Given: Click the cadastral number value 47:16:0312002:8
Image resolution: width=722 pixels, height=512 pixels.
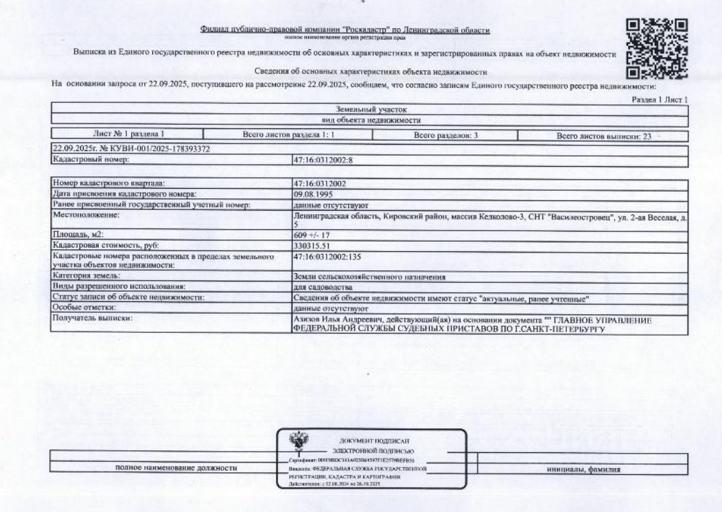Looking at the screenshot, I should [x=323, y=159].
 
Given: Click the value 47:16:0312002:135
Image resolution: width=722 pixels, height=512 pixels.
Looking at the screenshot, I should [x=327, y=255].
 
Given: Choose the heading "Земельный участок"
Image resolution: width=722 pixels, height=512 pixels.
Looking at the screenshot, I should [x=371, y=109].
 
